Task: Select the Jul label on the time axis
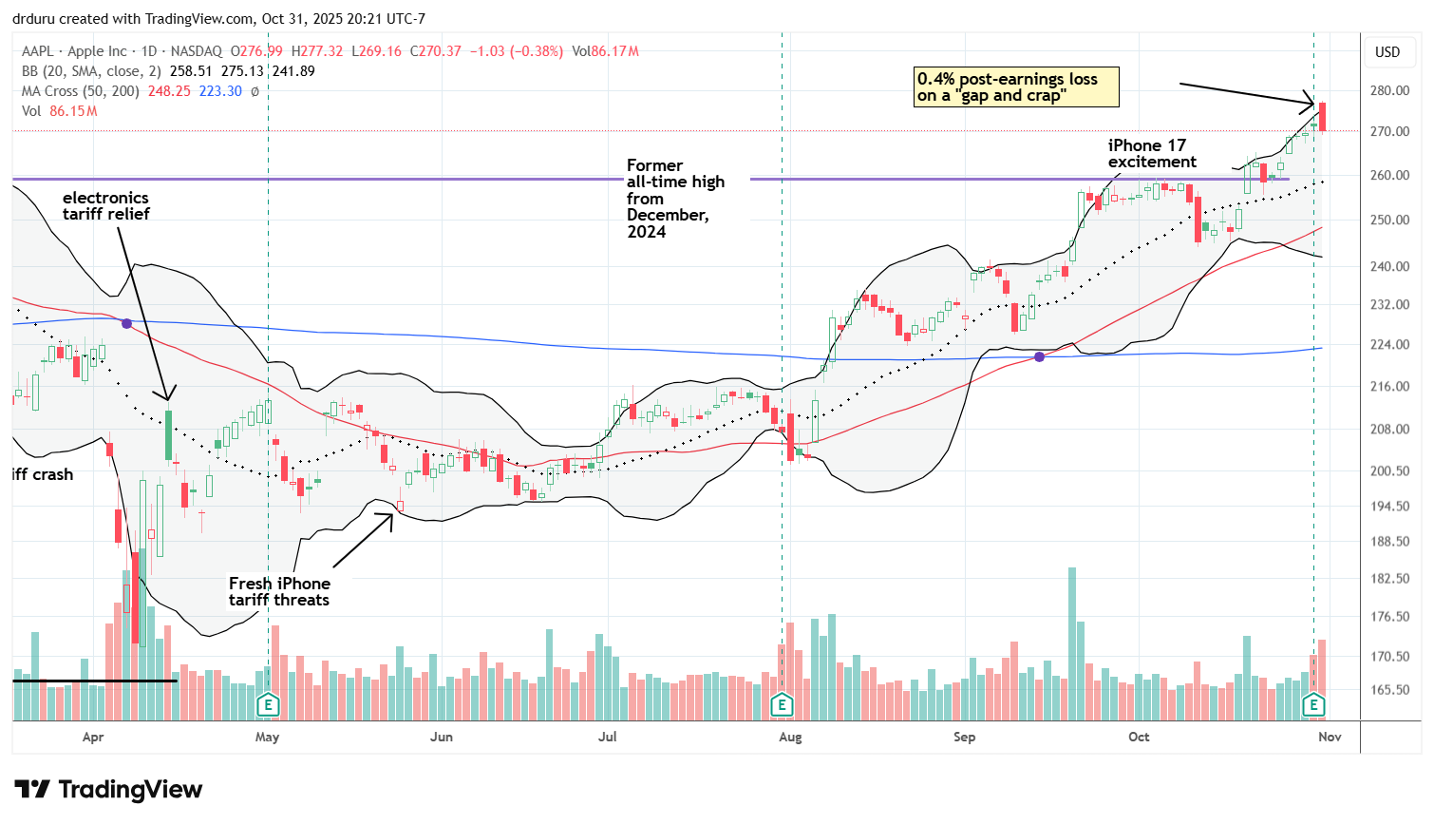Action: [x=608, y=737]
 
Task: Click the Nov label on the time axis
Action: [x=1330, y=737]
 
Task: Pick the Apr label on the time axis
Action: [x=93, y=737]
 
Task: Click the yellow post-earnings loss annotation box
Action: [x=1016, y=87]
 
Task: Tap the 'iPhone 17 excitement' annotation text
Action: [x=1151, y=154]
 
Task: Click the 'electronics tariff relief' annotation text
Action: [x=106, y=206]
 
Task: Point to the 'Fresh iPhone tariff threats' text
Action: [x=279, y=591]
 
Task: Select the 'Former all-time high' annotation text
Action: [x=675, y=198]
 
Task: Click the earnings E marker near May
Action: [x=268, y=704]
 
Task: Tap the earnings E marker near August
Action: [x=782, y=704]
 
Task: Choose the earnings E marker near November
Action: [x=1313, y=704]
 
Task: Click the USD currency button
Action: [x=1387, y=52]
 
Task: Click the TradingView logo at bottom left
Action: [x=108, y=790]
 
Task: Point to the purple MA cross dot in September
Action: [x=1040, y=356]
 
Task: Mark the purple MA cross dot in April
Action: [x=126, y=323]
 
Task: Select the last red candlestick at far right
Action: [x=1322, y=117]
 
